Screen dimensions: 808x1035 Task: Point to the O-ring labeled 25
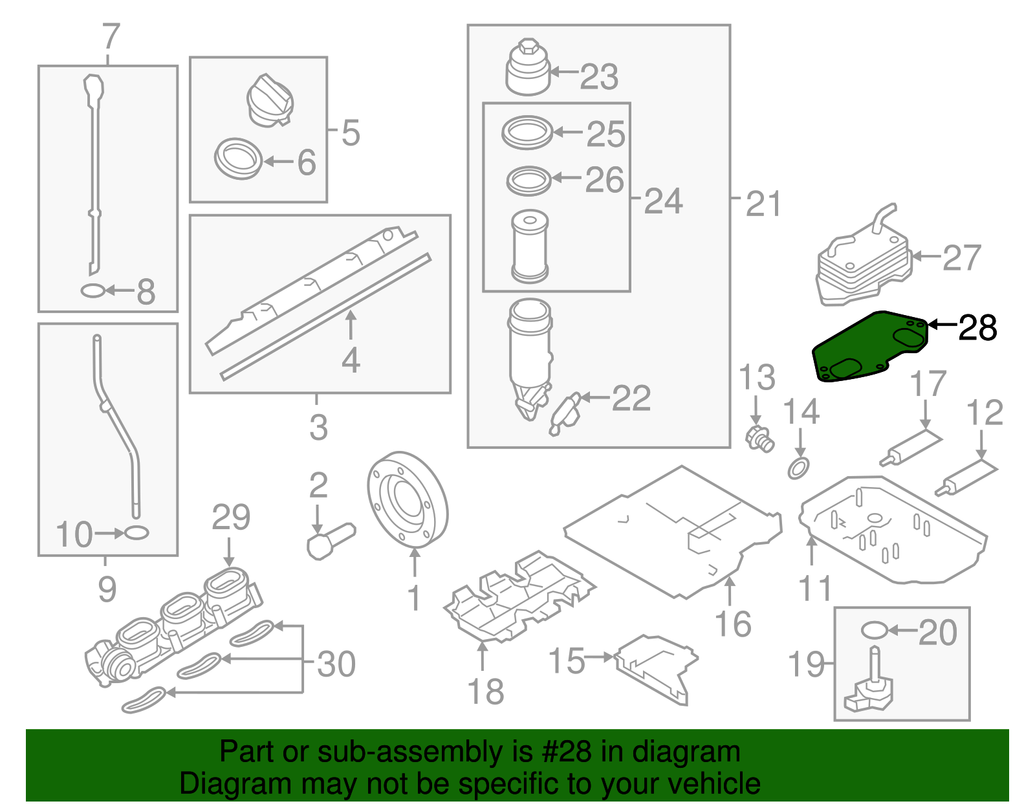pos(527,133)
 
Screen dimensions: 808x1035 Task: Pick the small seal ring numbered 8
pos(93,291)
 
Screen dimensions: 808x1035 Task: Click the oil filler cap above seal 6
pos(270,100)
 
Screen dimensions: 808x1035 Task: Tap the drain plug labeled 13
pos(760,439)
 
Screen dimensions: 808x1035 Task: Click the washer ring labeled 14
pos(798,467)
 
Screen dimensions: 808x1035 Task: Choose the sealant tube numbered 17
pos(911,447)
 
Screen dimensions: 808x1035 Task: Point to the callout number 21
pos(763,204)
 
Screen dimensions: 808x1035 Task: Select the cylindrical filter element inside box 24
pos(530,246)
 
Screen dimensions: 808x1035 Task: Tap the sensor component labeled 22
pos(564,413)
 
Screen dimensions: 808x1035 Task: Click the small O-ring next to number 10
pos(136,533)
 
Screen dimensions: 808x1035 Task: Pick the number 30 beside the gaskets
pos(336,664)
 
